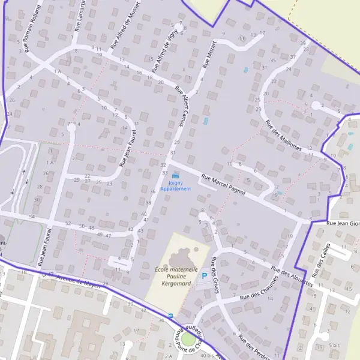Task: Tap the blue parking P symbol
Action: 204,276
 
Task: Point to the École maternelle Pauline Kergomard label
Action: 176,275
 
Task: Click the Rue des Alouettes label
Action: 292,277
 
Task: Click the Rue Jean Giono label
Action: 343,223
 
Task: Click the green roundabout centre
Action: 188,340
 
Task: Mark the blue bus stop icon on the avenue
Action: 170,315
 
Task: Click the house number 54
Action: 32,216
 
